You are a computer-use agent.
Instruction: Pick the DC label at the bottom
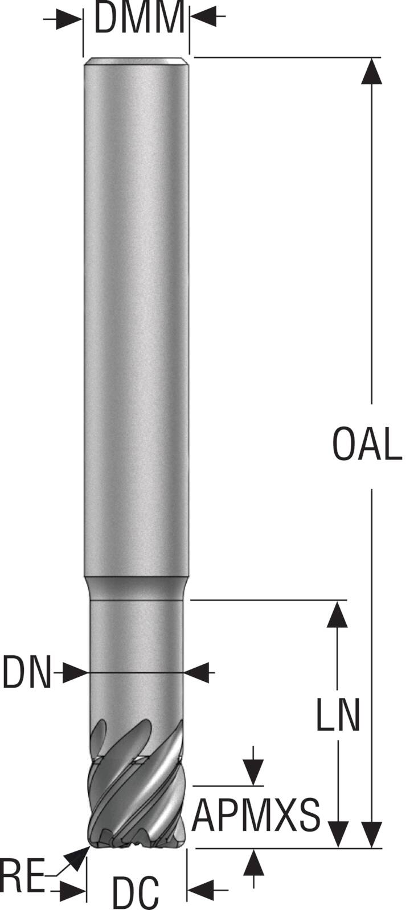(x=136, y=894)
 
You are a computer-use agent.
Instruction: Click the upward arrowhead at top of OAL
(x=371, y=71)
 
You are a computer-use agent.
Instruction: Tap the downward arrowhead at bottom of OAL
(x=371, y=834)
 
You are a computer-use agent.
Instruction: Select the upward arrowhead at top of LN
(x=338, y=614)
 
